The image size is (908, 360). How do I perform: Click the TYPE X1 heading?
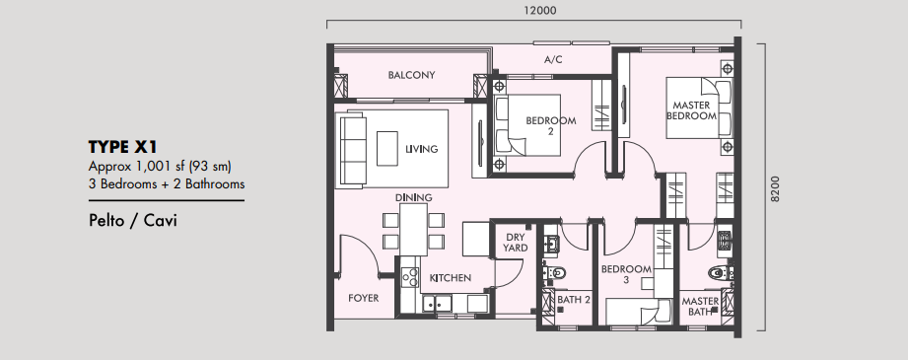click(123, 147)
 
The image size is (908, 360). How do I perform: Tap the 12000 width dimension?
click(539, 10)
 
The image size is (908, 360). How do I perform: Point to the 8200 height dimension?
click(775, 189)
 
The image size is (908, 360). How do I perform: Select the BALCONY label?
click(411, 75)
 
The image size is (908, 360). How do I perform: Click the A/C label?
click(553, 59)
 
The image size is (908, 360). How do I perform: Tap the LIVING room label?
click(421, 149)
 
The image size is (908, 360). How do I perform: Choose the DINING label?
click(413, 197)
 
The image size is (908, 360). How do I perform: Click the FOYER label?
click(363, 298)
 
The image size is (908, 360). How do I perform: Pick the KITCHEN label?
click(450, 278)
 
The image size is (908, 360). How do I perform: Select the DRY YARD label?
click(515, 243)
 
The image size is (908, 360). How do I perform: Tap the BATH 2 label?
click(573, 299)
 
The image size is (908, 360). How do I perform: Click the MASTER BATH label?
click(700, 307)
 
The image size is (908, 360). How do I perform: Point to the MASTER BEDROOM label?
click(691, 110)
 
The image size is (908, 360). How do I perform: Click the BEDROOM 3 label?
click(626, 275)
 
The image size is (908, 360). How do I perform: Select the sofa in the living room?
click(353, 151)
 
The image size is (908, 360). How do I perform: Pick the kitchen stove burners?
click(410, 276)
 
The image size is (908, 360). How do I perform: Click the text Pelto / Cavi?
click(133, 221)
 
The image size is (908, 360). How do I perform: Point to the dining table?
click(413, 230)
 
